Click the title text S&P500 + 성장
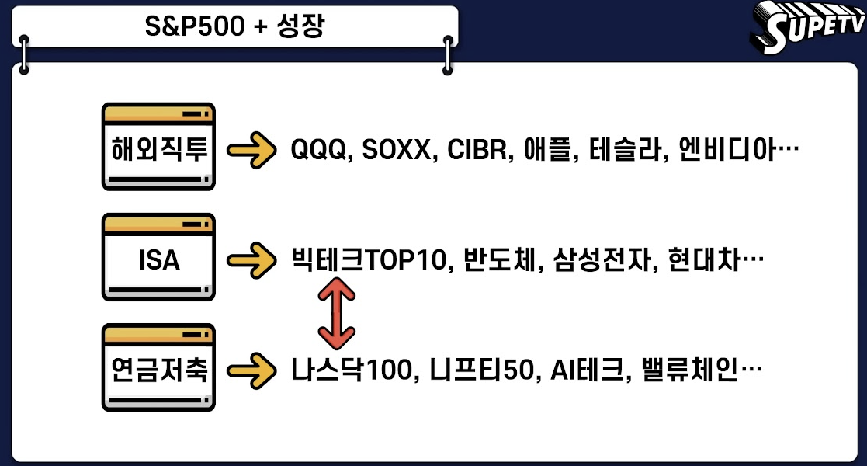[235, 27]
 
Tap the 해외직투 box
[158, 148]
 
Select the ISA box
[158, 259]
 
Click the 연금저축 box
[158, 368]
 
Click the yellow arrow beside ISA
[251, 259]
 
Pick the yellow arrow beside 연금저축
[251, 368]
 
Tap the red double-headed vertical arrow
[336, 313]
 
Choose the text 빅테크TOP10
[369, 259]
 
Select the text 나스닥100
[349, 368]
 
